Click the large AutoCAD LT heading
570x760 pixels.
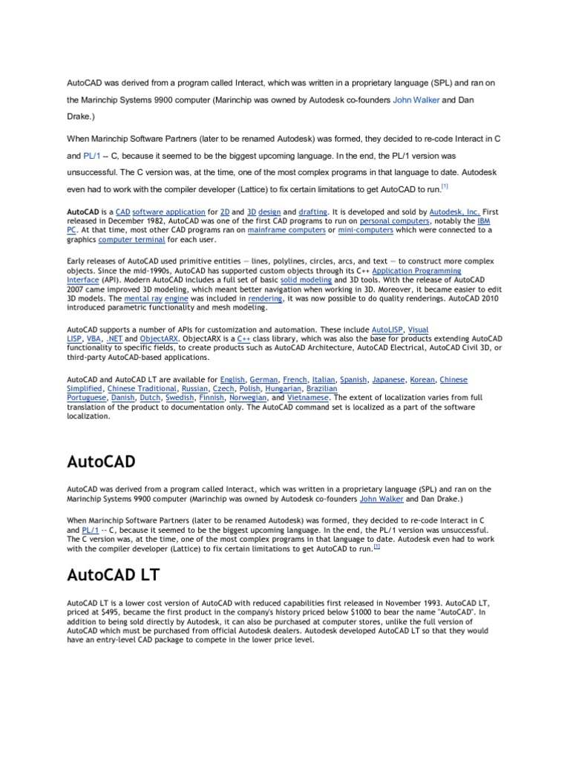click(112, 575)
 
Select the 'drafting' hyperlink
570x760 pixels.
click(311, 212)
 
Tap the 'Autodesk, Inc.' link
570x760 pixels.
click(454, 212)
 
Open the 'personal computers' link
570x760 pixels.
click(394, 220)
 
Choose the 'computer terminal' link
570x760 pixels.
click(131, 239)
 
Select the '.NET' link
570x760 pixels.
click(115, 338)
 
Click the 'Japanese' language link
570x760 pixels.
click(388, 379)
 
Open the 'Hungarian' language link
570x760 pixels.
click(284, 388)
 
